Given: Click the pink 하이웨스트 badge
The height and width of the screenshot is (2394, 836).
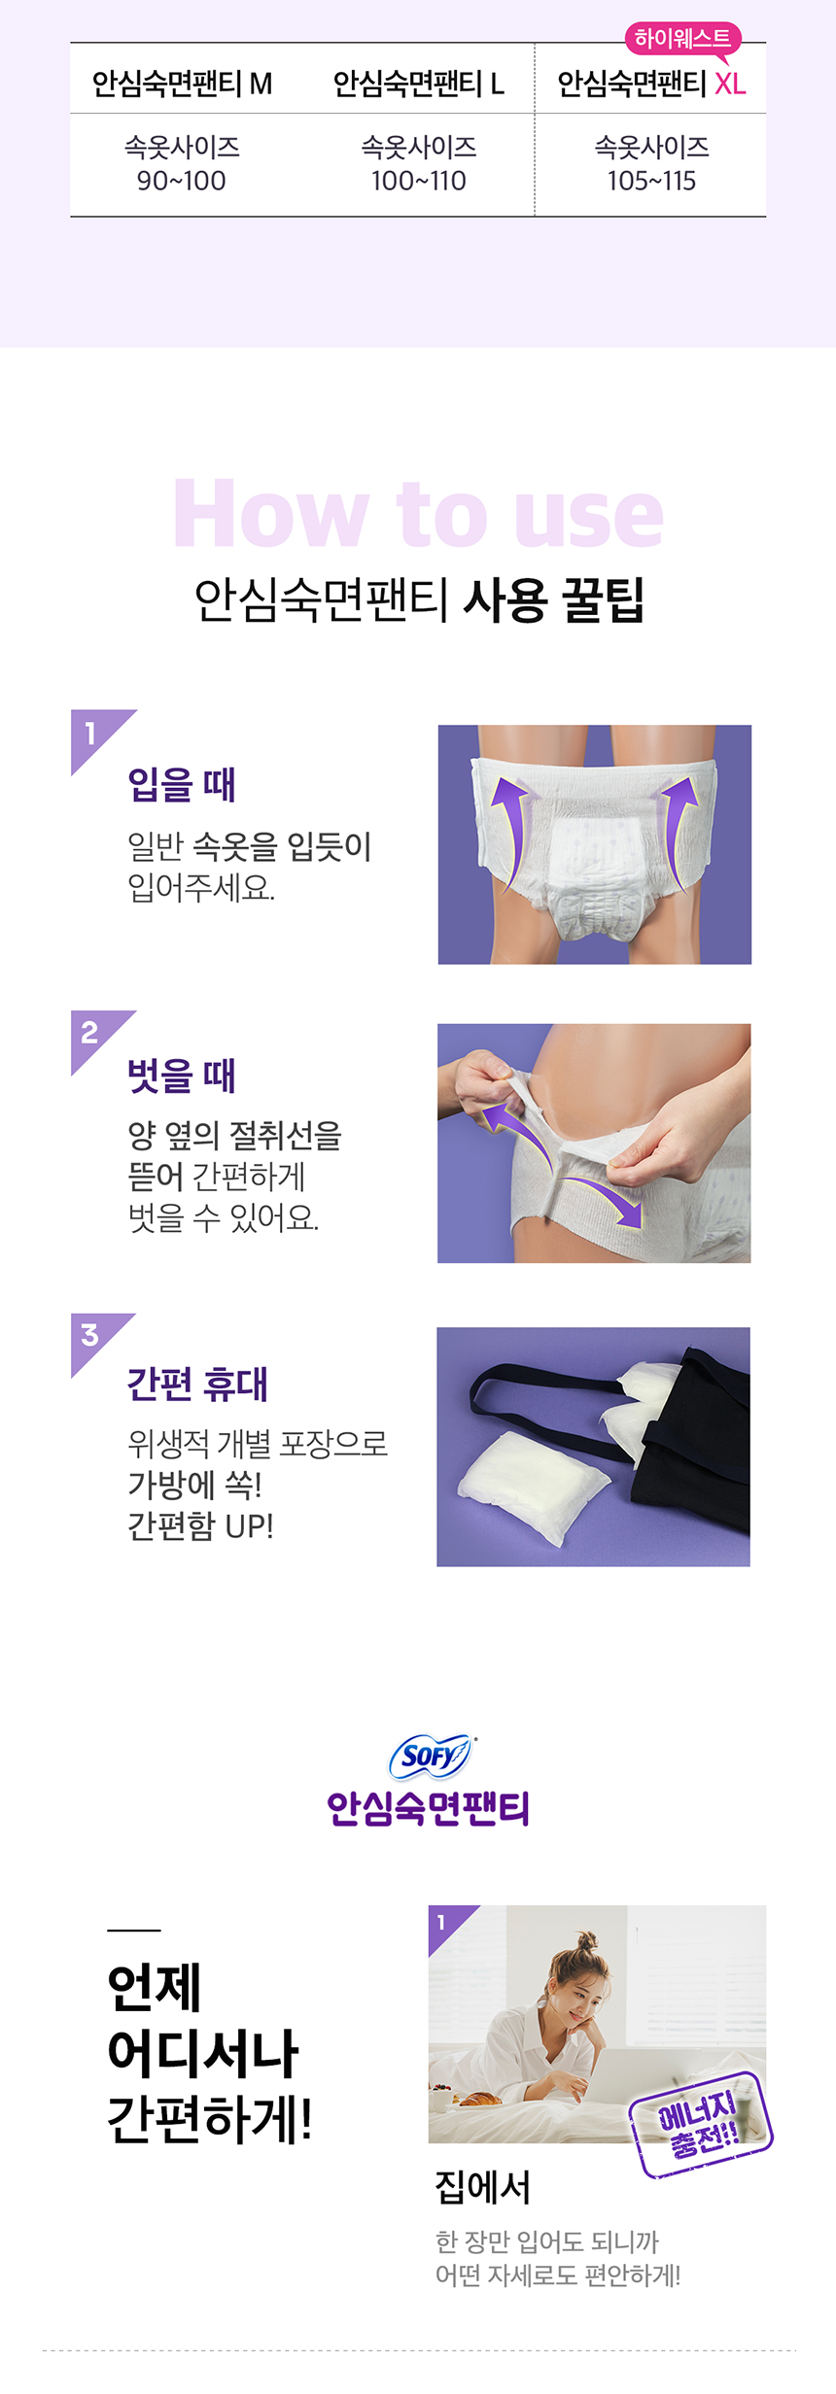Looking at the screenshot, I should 682,39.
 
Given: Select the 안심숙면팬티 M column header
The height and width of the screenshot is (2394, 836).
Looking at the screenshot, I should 182,85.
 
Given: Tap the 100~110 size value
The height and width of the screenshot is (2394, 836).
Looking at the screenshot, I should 418,181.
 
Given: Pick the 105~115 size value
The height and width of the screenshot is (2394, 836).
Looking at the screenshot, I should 651,181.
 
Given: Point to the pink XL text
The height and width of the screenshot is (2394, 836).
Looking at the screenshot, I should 730,85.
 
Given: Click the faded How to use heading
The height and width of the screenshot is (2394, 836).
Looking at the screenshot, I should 418,515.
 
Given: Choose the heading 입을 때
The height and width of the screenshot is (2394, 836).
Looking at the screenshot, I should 182,785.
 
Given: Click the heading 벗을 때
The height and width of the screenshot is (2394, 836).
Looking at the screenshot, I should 182,1076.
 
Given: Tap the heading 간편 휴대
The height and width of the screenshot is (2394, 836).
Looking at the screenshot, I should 197,1385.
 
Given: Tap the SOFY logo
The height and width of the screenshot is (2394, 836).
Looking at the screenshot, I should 430,1756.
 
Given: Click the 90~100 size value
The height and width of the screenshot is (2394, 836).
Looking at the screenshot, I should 182,181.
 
